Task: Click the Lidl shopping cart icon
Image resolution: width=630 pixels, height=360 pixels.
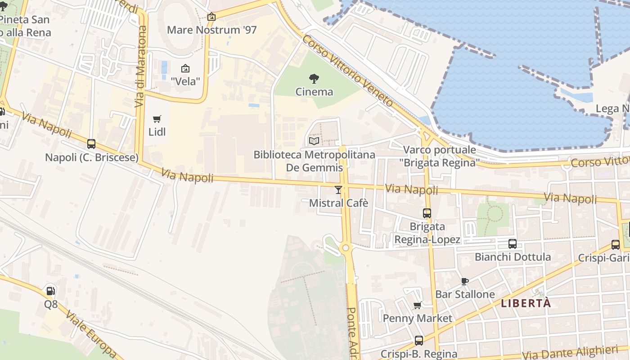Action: click(x=157, y=119)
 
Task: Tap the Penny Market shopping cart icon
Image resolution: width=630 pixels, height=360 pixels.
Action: click(x=418, y=306)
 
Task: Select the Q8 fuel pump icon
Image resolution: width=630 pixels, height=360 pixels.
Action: click(x=51, y=291)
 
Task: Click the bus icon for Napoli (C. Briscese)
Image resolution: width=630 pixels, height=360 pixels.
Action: click(x=91, y=144)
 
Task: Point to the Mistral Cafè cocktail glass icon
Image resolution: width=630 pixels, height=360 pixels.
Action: click(x=338, y=190)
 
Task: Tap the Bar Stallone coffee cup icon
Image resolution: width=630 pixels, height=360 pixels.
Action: click(x=465, y=282)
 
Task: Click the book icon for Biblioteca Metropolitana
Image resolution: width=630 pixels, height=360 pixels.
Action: click(x=314, y=141)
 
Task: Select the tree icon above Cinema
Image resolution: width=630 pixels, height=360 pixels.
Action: click(x=314, y=79)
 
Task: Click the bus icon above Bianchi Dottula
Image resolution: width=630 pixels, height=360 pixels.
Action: click(x=513, y=244)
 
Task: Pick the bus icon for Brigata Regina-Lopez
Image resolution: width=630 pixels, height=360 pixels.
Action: click(x=427, y=213)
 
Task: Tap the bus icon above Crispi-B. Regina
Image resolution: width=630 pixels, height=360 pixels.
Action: click(x=419, y=341)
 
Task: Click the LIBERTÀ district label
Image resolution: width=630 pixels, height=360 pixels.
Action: click(x=526, y=303)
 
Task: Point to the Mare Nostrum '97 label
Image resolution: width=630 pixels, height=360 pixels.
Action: click(x=211, y=30)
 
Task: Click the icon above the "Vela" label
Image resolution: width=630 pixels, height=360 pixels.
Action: click(x=185, y=68)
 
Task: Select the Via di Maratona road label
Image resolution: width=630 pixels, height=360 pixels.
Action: click(x=141, y=67)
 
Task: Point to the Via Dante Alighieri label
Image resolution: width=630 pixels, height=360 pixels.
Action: click(x=570, y=352)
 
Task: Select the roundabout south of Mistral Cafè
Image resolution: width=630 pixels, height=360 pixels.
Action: click(x=346, y=247)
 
